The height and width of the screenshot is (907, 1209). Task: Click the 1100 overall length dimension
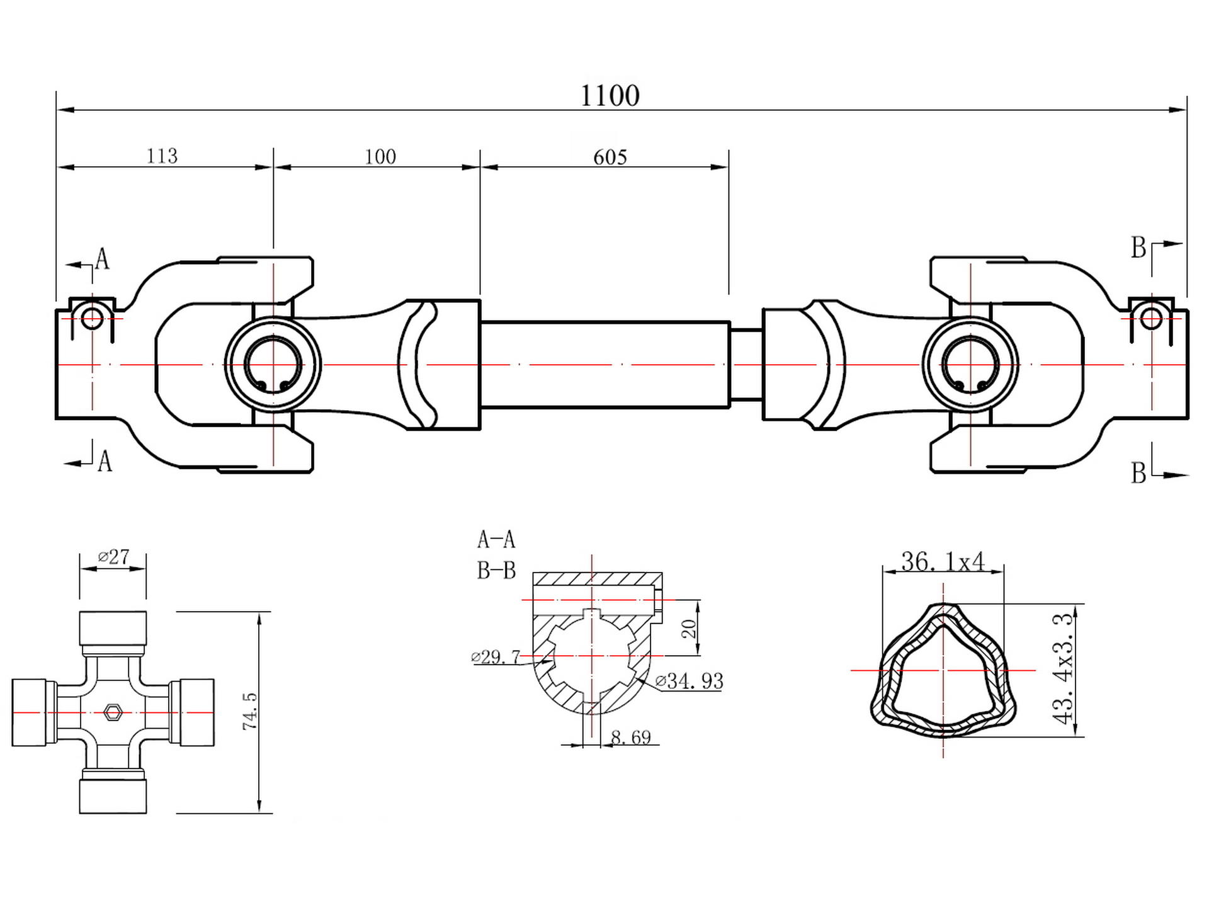coord(609,96)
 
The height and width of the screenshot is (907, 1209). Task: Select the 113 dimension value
coord(162,156)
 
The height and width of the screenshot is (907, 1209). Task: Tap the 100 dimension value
coord(380,156)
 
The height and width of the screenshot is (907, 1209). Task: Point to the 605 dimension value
coord(610,157)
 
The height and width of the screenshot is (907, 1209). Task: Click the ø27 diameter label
coord(114,557)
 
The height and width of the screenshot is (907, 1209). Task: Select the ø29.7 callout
coord(496,658)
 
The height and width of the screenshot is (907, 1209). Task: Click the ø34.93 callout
coord(689,681)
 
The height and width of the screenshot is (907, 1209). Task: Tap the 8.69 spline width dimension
coord(631,737)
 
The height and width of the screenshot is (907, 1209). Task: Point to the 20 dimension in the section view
coord(689,628)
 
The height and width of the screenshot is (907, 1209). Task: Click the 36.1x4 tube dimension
coord(942,561)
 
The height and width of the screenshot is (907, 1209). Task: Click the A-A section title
coord(496,540)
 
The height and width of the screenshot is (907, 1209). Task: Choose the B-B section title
coord(496,571)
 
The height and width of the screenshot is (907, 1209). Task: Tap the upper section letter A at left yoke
coord(102,259)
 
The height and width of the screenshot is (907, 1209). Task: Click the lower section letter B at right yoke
coord(1138,473)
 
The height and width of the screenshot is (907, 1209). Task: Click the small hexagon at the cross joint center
coord(113,712)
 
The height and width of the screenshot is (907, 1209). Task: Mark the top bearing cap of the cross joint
coord(113,628)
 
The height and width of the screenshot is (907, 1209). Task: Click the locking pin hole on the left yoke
coord(92,319)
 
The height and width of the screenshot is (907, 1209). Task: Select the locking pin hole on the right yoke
coord(1151,319)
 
